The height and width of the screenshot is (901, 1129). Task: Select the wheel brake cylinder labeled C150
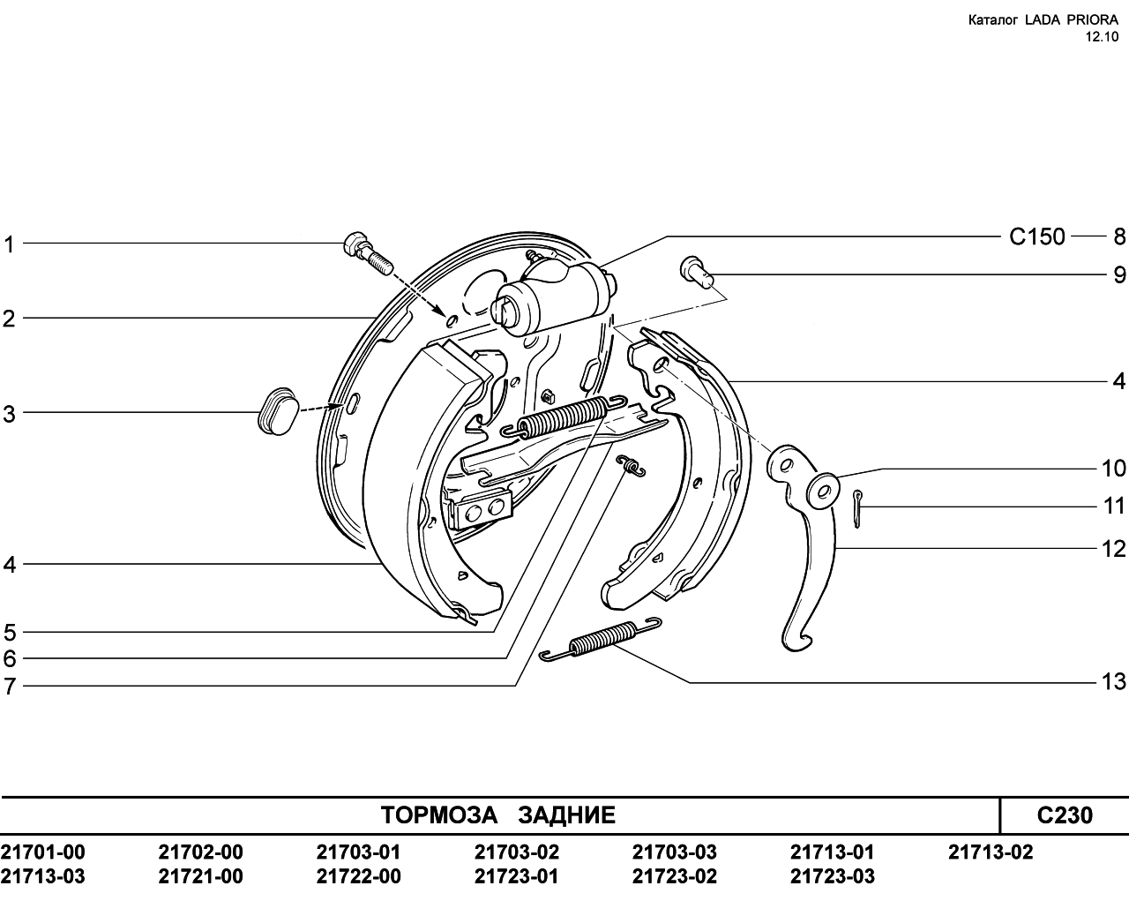552,297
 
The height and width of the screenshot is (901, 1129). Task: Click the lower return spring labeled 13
601,639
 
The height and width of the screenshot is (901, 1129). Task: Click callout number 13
1114,681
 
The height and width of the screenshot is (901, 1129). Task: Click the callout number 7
10,687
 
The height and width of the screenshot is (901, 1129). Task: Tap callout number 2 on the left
10,319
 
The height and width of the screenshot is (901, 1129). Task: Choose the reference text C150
1037,237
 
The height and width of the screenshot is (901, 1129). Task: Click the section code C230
1065,815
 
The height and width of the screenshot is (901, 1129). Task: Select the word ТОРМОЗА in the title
438,815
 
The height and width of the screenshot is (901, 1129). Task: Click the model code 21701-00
42,852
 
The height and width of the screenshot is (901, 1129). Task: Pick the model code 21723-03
833,876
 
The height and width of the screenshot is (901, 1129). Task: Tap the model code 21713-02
991,852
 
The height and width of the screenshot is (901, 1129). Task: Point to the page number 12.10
1102,37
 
